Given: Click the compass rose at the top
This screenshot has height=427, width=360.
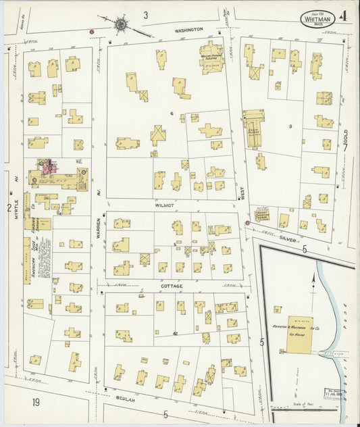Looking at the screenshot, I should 120,25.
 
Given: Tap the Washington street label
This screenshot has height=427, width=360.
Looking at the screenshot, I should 189,30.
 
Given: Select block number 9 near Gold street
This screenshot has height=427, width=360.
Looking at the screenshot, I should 290,126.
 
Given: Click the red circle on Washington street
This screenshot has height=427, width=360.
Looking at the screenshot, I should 92,31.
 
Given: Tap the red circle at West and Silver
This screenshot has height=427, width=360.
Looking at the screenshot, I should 247,222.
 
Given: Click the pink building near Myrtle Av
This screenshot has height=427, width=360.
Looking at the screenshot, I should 47,164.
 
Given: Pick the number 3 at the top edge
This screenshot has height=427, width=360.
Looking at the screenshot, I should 145,14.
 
